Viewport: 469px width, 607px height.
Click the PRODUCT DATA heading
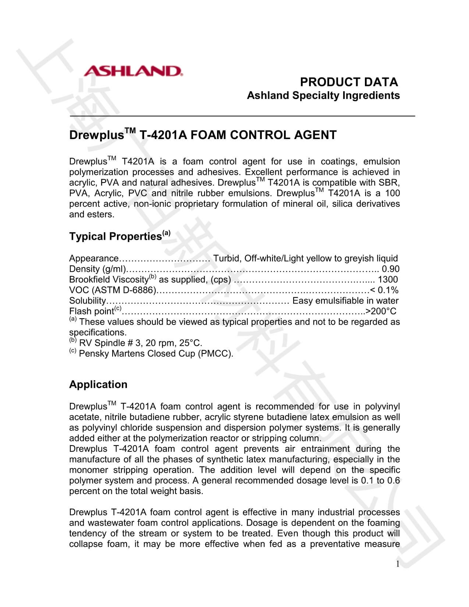(x=348, y=82)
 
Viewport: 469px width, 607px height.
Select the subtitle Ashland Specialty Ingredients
(x=323, y=95)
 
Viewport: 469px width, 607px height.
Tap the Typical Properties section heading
(x=116, y=236)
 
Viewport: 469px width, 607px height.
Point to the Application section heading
(x=98, y=384)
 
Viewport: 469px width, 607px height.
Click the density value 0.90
(x=391, y=269)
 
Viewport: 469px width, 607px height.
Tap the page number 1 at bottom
(x=398, y=564)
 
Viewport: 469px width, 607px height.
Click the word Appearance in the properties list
(x=94, y=258)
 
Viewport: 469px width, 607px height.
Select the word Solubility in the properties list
(x=87, y=301)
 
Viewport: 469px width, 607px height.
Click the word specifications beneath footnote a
(x=97, y=333)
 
